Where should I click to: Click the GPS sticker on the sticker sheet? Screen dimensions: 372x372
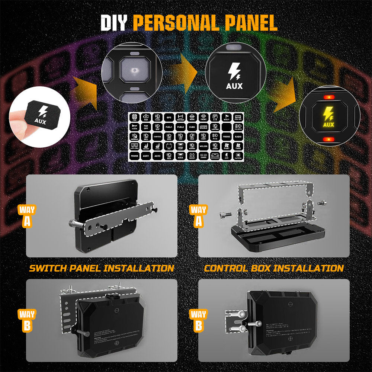pos(168,118)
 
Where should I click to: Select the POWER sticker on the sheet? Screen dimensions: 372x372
pos(135,156)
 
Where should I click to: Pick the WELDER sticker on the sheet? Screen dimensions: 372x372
pos(203,147)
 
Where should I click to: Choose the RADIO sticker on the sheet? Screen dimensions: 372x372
pos(238,137)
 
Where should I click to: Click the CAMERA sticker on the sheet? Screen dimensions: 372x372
pos(157,137)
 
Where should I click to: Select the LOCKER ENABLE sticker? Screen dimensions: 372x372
pos(203,127)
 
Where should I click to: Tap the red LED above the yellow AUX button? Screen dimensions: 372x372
pos(328,97)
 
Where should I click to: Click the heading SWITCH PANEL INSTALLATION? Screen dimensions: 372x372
pos(102,268)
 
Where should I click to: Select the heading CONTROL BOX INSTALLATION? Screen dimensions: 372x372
pos(274,268)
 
